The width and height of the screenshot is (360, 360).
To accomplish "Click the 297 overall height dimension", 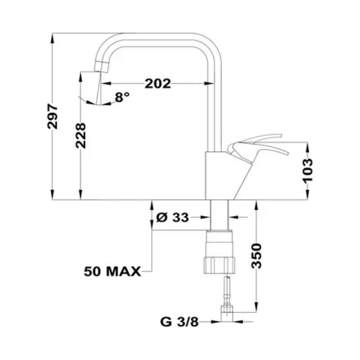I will point(53,117).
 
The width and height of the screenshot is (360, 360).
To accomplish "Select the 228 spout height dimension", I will point(81,135).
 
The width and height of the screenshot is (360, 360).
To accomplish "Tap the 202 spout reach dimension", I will point(157,83).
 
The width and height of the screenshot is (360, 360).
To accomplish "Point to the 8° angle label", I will point(122,96).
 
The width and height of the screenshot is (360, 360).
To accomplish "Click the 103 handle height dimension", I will point(307,170).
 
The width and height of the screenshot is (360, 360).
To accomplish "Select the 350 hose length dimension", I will point(256,256).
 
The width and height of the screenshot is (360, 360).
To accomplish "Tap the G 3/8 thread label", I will point(179,322).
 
